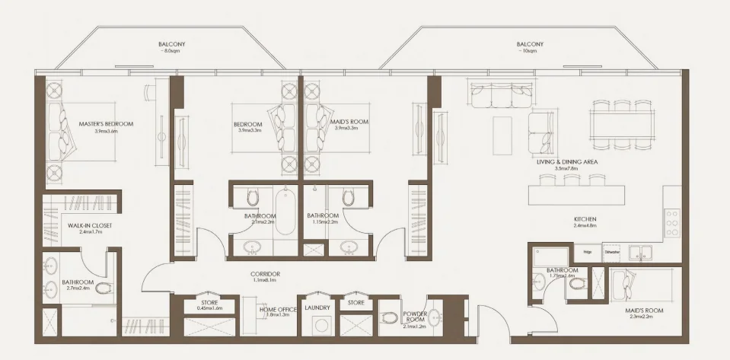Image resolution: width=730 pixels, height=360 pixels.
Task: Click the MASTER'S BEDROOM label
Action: pos(106,124)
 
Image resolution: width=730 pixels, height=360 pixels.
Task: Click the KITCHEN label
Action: pos(585,220)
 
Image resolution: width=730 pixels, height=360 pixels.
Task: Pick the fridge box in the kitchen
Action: pos(587,252)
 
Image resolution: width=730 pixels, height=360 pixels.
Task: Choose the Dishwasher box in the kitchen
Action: pos(611,252)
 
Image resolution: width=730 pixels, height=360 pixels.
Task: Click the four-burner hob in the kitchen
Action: pos(672,221)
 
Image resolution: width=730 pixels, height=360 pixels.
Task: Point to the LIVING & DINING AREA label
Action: pos(568,162)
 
